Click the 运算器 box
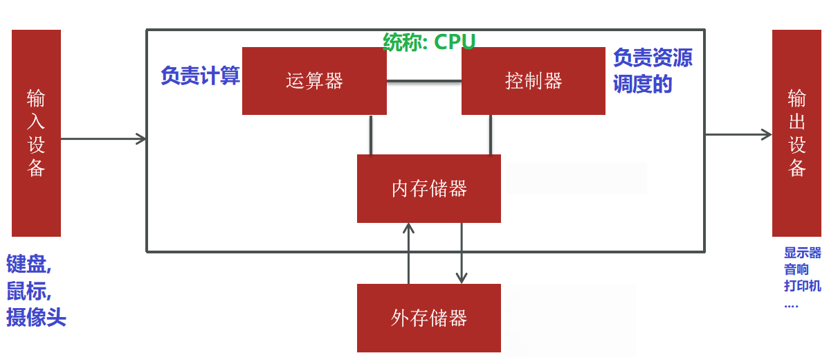[x=314, y=81]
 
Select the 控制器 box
[x=533, y=81]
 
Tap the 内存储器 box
[x=428, y=188]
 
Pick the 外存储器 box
[x=428, y=318]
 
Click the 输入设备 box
[x=36, y=133]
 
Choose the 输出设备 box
[x=796, y=133]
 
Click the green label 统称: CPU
[x=429, y=42]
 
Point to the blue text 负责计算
[x=200, y=75]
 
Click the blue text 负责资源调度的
[x=652, y=71]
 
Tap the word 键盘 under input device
[x=26, y=264]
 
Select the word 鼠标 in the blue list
[x=26, y=290]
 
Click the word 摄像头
[x=36, y=317]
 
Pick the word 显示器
[x=802, y=253]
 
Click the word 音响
[x=796, y=270]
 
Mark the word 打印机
[x=802, y=286]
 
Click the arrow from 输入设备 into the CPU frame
[x=104, y=139]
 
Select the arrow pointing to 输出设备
[x=738, y=134]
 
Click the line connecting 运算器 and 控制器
[x=423, y=82]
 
